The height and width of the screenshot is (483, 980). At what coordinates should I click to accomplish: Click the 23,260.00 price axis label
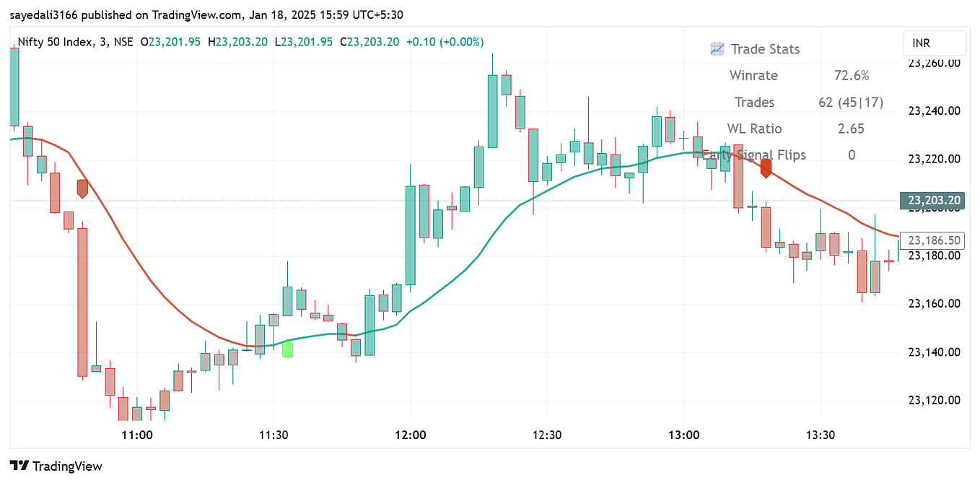coord(934,63)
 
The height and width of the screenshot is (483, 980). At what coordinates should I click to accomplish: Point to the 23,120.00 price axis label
coord(934,400)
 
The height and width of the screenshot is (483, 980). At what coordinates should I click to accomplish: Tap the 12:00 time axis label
coord(410,435)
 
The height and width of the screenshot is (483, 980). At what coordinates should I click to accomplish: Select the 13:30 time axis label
coord(821,435)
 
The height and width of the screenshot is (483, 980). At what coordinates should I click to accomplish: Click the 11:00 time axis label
coord(136,435)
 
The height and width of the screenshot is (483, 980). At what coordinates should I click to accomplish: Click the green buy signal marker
coord(287,348)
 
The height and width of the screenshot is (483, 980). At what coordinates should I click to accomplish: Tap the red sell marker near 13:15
coord(766,168)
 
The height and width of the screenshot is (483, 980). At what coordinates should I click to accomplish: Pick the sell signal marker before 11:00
coord(82,188)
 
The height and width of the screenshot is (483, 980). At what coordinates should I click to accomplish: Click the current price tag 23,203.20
coord(933,201)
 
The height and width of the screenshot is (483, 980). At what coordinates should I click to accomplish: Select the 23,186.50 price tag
coord(933,240)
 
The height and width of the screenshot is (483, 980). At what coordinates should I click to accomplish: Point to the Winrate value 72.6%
coord(852,76)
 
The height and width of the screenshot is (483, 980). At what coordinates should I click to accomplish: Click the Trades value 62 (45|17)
coord(851,103)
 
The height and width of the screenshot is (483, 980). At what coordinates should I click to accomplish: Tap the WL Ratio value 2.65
coord(851,129)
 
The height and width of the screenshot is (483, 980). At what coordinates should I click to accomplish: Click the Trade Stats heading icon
coord(717,49)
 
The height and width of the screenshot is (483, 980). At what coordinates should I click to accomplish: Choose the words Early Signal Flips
coord(754,155)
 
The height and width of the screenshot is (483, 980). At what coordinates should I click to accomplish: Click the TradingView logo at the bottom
coord(56,466)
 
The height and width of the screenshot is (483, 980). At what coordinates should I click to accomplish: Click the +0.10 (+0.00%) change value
coord(445,42)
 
